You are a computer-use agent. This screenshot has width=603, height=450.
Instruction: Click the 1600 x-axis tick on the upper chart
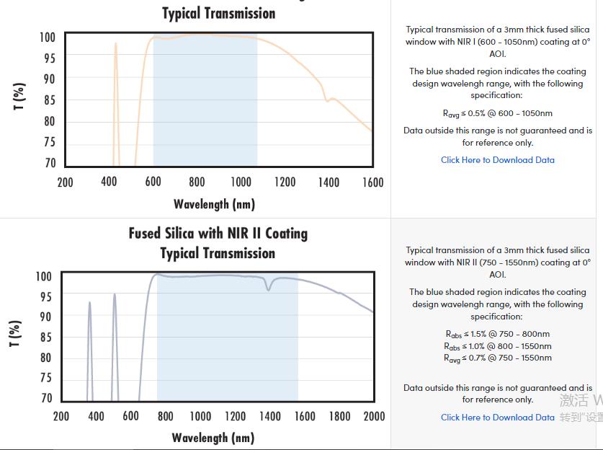tap(372, 182)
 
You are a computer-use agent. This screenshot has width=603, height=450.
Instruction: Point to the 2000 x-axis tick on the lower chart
tap(374, 416)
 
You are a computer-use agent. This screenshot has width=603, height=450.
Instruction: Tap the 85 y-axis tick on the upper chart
tap(49, 100)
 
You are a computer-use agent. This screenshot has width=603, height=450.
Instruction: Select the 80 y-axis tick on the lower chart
tap(45, 358)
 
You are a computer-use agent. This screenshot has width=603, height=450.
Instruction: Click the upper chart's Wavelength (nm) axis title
tap(214, 204)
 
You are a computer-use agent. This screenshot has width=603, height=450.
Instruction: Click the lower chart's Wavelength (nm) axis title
tap(213, 438)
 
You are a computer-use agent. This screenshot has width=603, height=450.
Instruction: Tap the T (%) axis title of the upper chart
tap(19, 97)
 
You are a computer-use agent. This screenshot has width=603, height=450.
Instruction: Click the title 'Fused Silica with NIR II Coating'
tap(218, 234)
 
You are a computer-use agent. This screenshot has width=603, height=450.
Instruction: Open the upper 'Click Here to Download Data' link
tap(498, 160)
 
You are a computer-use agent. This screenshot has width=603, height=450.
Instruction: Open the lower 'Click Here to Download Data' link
tap(498, 418)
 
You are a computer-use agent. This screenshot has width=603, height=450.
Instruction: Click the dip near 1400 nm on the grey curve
tap(269, 289)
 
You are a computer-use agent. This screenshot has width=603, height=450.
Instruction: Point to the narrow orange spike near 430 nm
tap(115, 45)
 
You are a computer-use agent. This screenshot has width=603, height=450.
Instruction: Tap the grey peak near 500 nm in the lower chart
tap(114, 295)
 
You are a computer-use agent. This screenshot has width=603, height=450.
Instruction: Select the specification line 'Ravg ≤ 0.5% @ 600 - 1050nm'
tap(497, 113)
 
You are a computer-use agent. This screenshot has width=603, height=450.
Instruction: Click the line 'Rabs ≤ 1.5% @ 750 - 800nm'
tap(497, 334)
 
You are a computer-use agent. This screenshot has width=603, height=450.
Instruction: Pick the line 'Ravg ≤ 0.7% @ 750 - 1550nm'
tap(497, 358)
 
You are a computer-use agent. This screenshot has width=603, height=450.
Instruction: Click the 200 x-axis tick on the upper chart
tap(65, 182)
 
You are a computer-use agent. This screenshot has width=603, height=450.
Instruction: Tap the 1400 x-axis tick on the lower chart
tap(270, 416)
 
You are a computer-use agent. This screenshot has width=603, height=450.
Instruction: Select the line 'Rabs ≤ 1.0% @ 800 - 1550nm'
tap(497, 346)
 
